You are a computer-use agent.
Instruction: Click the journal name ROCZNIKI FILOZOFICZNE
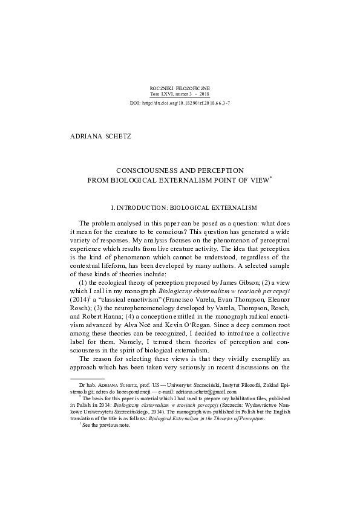pos(179,89)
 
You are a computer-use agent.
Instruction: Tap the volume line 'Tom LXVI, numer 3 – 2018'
pos(179,95)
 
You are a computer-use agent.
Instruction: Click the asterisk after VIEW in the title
pos(272,178)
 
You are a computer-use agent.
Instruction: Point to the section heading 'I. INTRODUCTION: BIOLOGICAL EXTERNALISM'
pos(180,208)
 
